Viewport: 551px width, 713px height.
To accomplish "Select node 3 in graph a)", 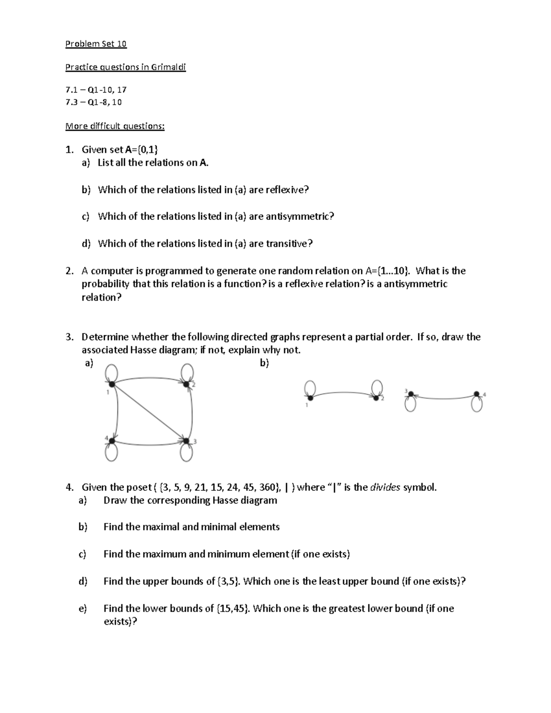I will pyautogui.click(x=186, y=441).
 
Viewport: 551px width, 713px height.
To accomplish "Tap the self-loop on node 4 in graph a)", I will pyautogui.click(x=111, y=453).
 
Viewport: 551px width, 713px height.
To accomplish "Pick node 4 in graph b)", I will pyautogui.click(x=477, y=394).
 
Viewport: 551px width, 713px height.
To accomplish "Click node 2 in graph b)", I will pyautogui.click(x=376, y=397).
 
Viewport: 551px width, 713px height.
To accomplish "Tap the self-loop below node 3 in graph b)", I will pyautogui.click(x=410, y=404).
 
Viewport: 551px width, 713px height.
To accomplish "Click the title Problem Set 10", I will pyautogui.click(x=96, y=44).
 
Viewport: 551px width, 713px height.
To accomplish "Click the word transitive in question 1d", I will pyautogui.click(x=288, y=243).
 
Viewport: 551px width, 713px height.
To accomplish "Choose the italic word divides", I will pyautogui.click(x=385, y=487).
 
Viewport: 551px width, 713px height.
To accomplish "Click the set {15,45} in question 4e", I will pyautogui.click(x=233, y=608).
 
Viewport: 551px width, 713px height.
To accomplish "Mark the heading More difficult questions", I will pyautogui.click(x=115, y=126).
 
